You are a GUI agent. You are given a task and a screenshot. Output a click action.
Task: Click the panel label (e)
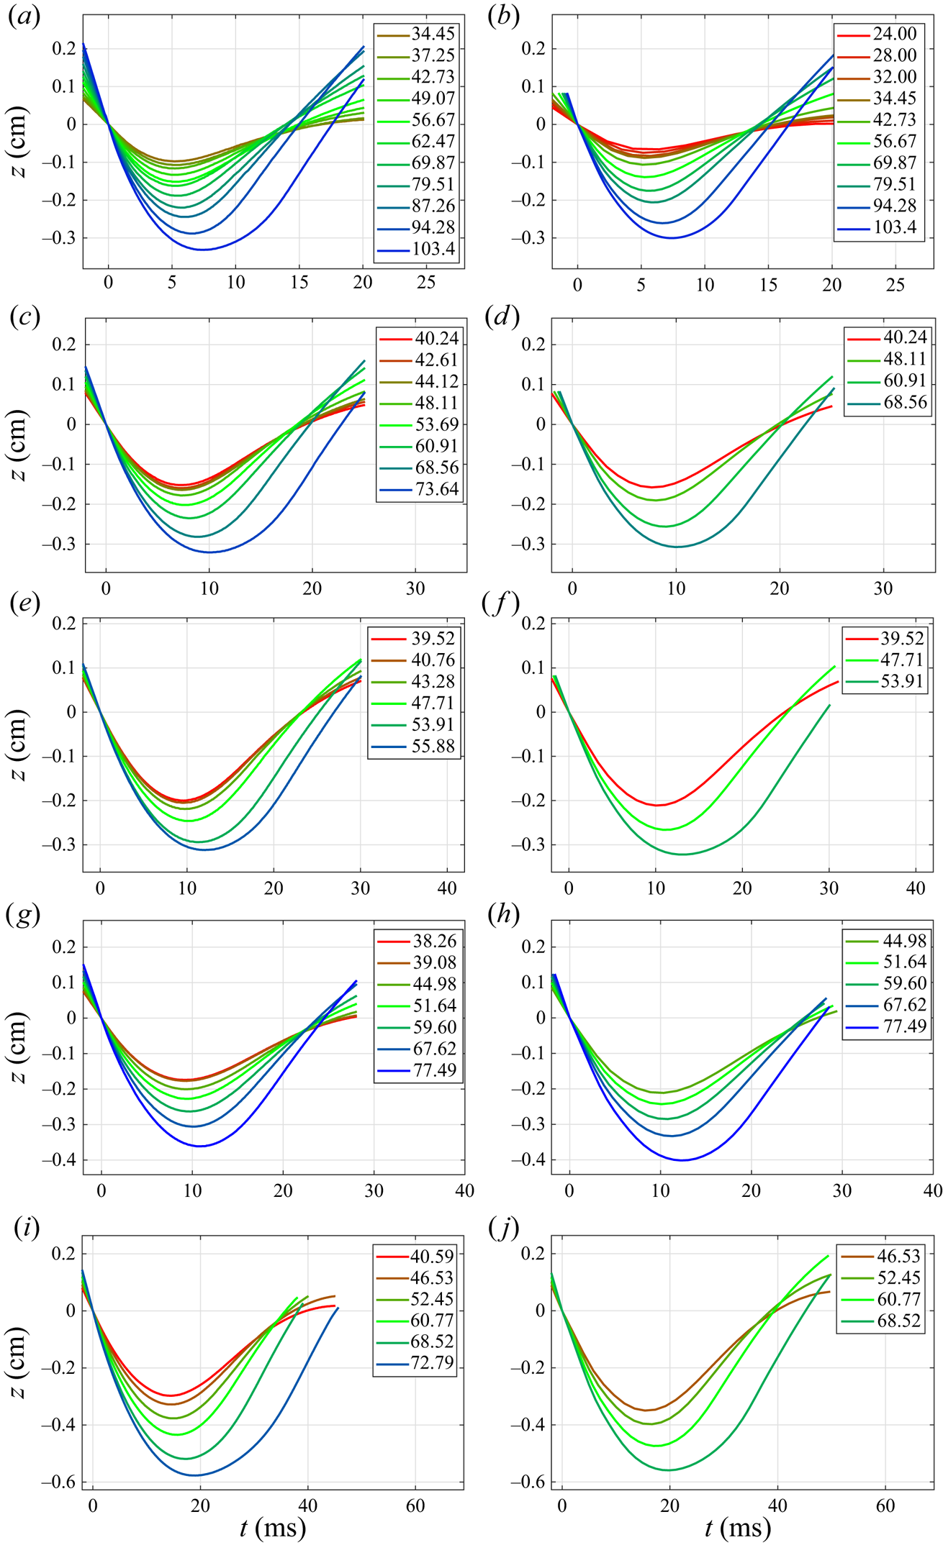[x=24, y=603]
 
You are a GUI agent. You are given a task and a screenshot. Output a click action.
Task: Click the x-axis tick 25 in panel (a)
[x=426, y=283]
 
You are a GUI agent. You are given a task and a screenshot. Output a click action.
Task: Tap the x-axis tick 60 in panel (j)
[x=885, y=1506]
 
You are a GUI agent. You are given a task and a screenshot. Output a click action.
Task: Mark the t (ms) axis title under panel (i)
[x=273, y=1528]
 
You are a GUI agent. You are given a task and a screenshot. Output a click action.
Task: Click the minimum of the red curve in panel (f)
[x=657, y=805]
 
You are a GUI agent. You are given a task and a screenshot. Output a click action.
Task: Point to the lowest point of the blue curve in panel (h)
[x=682, y=1159]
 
